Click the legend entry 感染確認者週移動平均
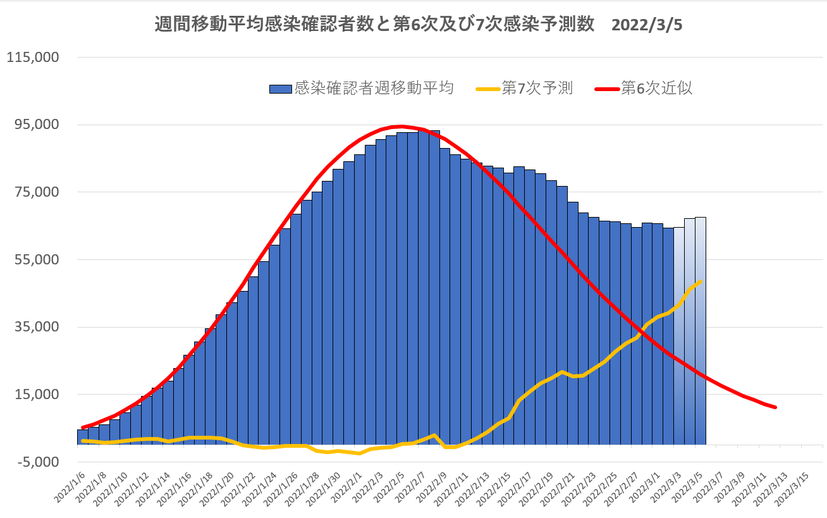[374, 89]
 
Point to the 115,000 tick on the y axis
[32, 57]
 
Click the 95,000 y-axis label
[35, 125]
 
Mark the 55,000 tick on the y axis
[35, 259]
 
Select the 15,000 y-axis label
[35, 394]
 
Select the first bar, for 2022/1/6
[82, 437]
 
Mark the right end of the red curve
[775, 407]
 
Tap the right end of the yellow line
[701, 281]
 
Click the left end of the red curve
[83, 428]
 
